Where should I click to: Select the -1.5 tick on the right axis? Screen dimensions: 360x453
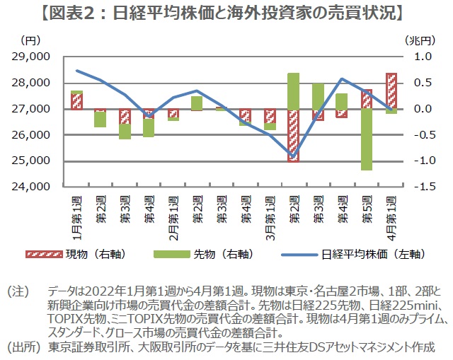417,187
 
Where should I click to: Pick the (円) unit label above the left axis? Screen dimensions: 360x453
32,41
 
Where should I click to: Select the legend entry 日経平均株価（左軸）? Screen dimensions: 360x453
367,252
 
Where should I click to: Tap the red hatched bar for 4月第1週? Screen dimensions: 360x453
391,91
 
